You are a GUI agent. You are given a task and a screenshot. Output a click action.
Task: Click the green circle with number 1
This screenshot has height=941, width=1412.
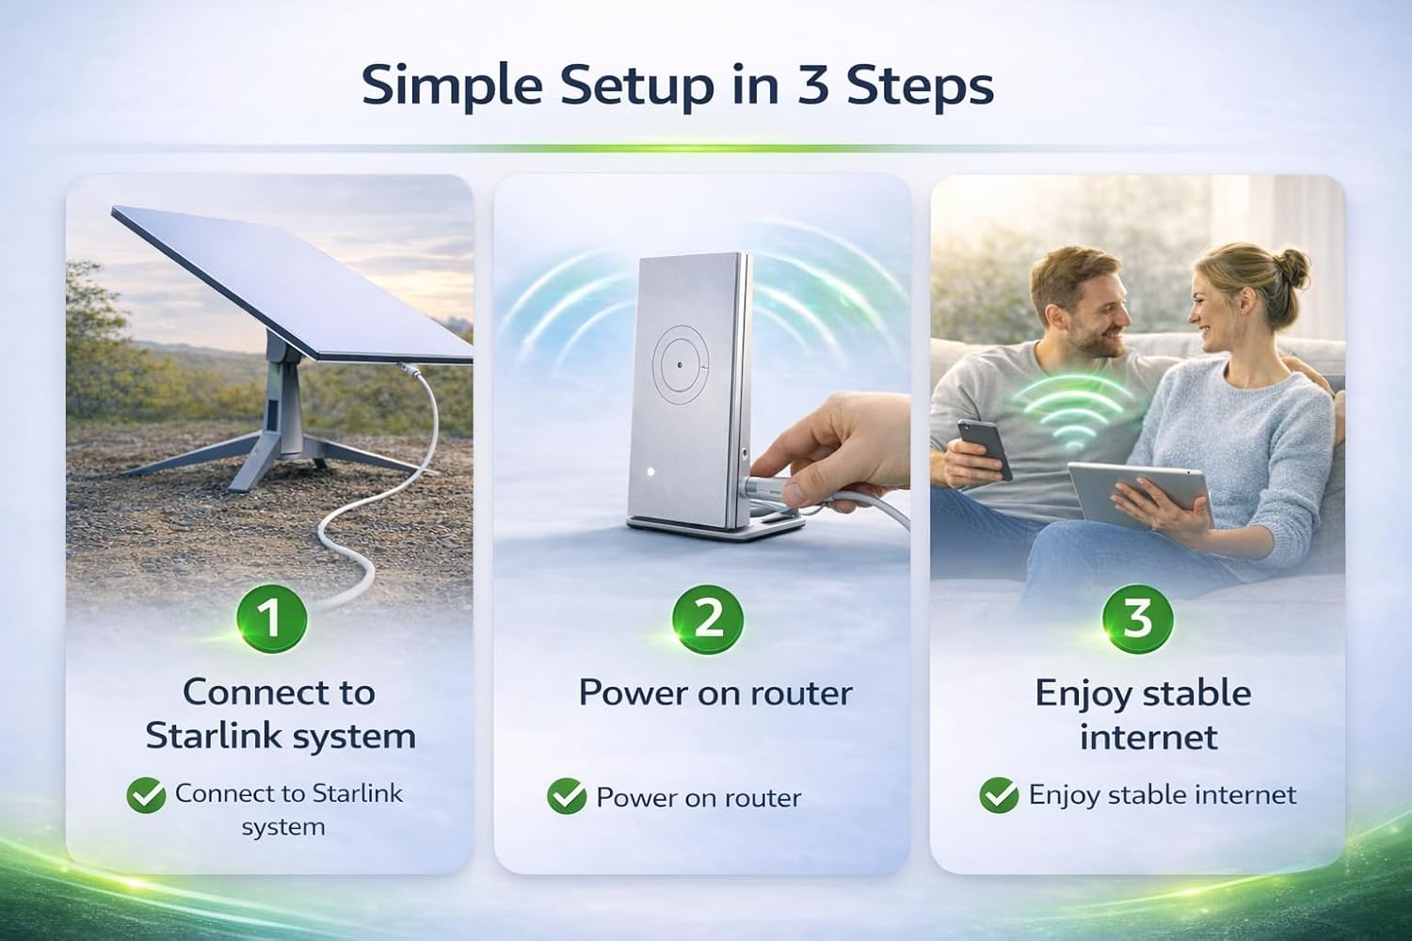(x=272, y=617)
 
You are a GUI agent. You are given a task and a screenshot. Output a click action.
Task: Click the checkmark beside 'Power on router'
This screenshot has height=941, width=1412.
(x=567, y=796)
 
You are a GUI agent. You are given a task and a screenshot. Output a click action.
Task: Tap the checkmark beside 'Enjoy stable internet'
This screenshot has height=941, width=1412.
(x=999, y=795)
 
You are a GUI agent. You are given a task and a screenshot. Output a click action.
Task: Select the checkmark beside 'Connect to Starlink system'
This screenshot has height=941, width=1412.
(x=146, y=795)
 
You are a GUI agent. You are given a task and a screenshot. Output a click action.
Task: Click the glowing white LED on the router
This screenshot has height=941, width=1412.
(x=650, y=471)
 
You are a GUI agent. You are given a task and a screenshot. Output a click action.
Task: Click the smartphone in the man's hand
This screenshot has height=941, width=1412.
(x=986, y=449)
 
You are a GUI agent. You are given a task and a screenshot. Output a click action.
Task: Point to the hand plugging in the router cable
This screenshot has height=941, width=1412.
(x=832, y=447)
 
